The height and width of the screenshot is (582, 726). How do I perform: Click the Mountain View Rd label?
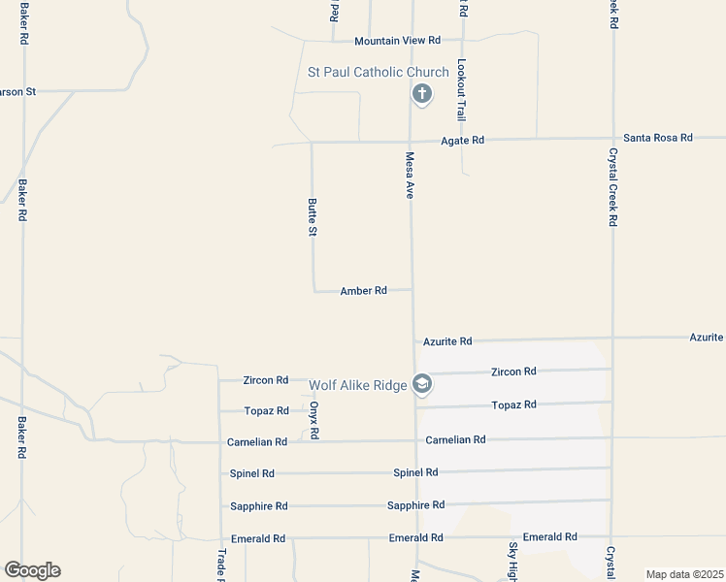(x=397, y=41)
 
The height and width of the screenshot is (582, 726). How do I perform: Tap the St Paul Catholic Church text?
(x=378, y=73)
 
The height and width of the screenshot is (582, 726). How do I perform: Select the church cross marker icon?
(x=421, y=94)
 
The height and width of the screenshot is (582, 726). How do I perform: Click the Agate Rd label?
(x=462, y=141)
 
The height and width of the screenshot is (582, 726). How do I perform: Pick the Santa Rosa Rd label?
(x=658, y=138)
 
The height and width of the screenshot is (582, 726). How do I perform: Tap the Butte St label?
(x=313, y=217)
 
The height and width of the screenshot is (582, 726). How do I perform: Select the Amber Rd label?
(x=364, y=290)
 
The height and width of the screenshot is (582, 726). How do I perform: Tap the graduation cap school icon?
(x=421, y=385)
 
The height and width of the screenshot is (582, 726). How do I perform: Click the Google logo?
(x=32, y=570)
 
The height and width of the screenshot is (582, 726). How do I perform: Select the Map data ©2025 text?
(x=684, y=574)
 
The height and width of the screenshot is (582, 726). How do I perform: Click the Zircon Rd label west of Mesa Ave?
(x=267, y=380)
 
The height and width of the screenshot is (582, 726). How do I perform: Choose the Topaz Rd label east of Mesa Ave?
(x=514, y=404)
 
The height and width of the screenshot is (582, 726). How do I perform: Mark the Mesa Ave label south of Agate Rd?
(x=410, y=176)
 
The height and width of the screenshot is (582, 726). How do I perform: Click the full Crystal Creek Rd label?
(x=612, y=187)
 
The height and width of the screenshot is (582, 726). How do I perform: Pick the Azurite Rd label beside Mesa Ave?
(x=447, y=341)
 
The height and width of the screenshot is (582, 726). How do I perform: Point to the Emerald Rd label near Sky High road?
(x=549, y=536)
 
